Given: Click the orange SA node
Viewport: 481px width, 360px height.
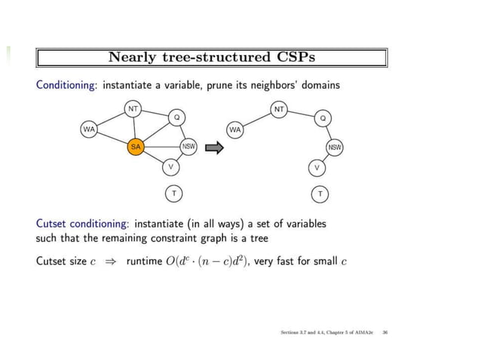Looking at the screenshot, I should point(136,147).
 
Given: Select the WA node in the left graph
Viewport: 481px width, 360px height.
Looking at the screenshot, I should point(90,130).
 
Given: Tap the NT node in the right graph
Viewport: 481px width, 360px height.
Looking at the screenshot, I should point(279,109).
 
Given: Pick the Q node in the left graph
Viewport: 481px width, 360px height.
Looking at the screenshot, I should point(177,117).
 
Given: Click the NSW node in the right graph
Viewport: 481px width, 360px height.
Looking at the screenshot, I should point(335,147).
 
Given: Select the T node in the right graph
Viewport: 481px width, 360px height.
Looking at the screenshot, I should point(320,194).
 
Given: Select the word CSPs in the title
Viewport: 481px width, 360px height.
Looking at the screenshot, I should point(289,57).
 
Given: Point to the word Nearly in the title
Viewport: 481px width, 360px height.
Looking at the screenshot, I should point(133,57).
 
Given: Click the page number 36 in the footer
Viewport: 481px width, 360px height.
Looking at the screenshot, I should point(385,332).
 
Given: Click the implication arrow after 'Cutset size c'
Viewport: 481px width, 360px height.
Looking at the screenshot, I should point(112,262).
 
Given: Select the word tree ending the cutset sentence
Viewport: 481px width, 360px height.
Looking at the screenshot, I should point(259,238).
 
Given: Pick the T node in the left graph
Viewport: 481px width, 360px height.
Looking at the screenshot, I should point(174,194).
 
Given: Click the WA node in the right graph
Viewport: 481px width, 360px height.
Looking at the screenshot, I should point(235,130).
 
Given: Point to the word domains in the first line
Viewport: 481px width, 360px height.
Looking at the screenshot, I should point(320,84).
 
